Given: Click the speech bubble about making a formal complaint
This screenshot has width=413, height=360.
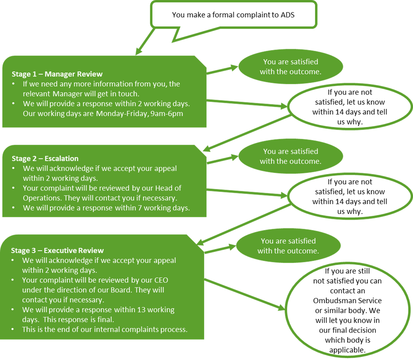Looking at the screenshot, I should [233, 15].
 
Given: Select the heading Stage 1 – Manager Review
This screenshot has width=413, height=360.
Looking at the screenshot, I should [57, 74].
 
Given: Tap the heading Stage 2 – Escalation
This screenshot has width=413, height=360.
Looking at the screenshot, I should [45, 158].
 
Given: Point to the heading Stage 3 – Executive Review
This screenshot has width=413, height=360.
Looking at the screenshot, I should [57, 251].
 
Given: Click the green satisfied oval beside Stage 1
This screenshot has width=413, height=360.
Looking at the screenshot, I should [291, 67].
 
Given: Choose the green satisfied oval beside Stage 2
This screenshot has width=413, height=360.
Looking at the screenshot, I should [291, 156].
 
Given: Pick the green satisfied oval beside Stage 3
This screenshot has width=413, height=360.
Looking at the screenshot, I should [288, 246].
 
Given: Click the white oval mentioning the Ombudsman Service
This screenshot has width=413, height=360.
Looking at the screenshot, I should [347, 310].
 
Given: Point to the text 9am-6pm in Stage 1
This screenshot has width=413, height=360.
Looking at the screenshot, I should [168, 114].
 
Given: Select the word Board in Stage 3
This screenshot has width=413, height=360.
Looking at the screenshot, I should [135, 290].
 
